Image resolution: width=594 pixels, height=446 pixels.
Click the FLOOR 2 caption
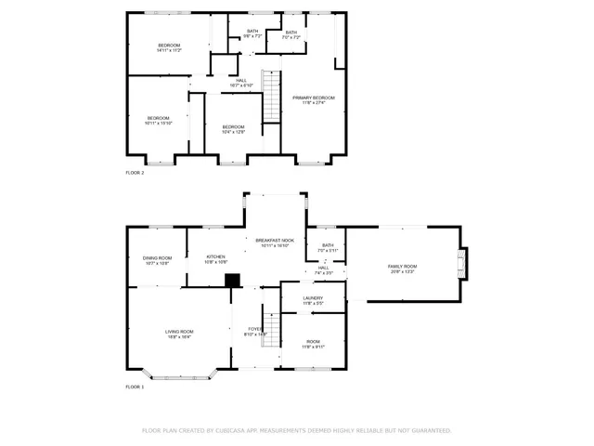click(135, 173)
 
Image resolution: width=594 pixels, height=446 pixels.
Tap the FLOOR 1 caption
click(135, 387)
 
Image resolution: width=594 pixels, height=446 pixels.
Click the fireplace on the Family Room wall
click(464, 263)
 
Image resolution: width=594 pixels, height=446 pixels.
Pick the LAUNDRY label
click(313, 300)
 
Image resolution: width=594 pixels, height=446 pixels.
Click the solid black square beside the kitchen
click(233, 279)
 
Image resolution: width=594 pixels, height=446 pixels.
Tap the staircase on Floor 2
click(270, 97)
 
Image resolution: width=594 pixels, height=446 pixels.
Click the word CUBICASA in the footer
click(240, 430)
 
